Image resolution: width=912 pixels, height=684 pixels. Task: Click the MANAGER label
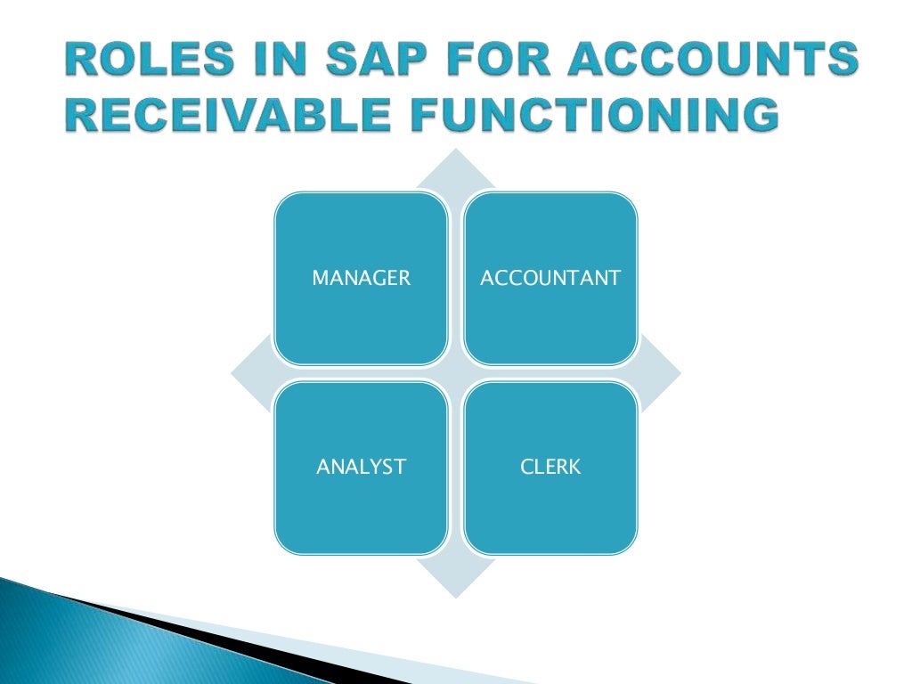(361, 278)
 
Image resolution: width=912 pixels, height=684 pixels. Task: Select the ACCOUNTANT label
(550, 278)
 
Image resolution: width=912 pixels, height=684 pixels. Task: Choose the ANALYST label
(361, 466)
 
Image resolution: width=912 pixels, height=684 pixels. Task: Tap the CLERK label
(550, 466)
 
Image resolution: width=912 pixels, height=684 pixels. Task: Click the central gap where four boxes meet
(456, 372)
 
